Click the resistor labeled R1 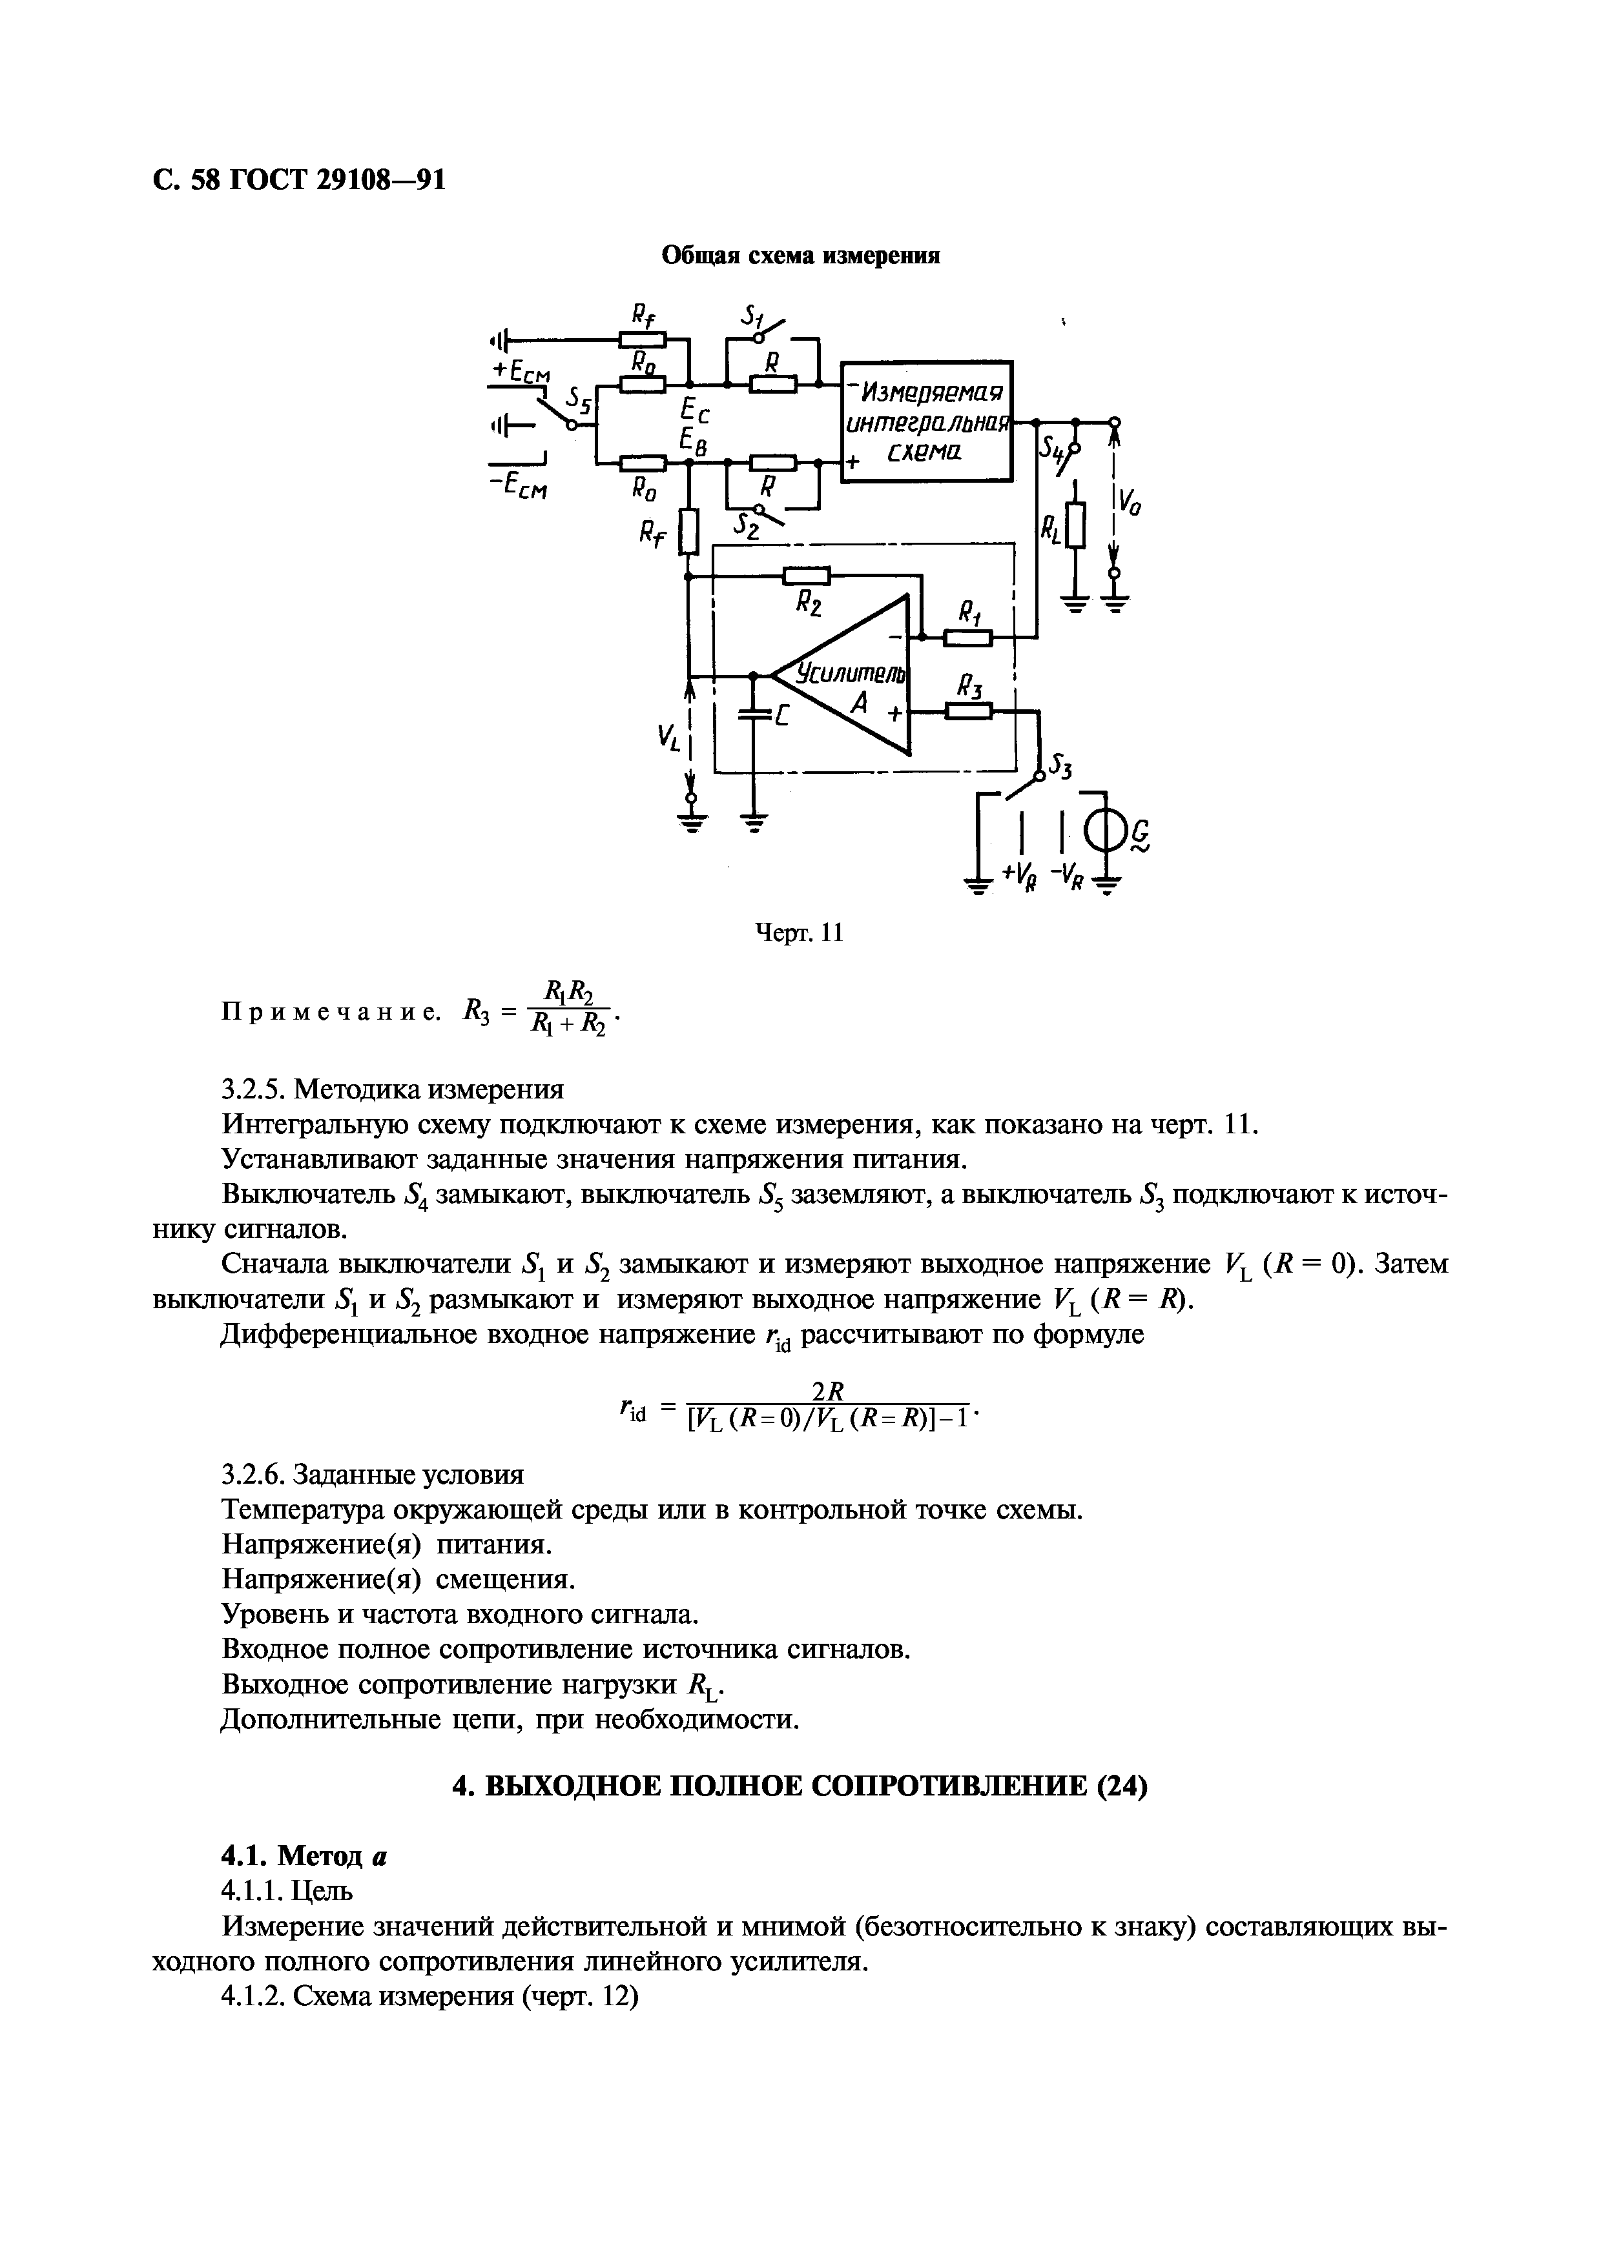point(967,638)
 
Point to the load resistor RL point(1075,525)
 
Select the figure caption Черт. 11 point(799,932)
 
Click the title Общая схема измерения point(800,256)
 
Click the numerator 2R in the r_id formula point(829,1391)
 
